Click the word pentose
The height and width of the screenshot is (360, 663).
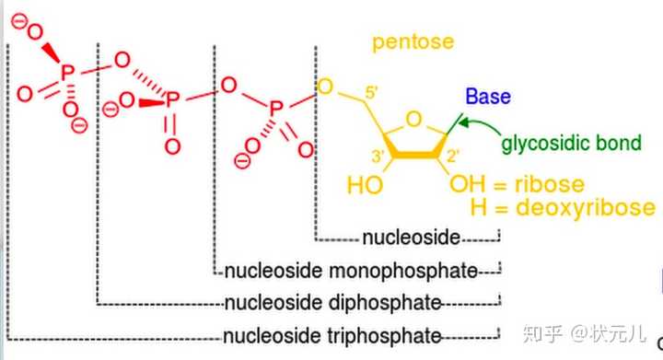[413, 42]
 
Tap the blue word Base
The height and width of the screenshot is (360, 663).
[488, 97]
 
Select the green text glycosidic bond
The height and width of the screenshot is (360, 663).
[571, 144]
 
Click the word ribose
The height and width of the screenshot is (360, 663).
[550, 184]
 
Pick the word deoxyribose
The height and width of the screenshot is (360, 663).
[586, 208]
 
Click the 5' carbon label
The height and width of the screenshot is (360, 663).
[371, 92]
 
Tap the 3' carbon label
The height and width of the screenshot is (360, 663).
[378, 157]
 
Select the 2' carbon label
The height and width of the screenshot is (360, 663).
[453, 157]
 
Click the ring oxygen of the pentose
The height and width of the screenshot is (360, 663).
[413, 120]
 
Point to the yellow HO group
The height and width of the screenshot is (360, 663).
[365, 185]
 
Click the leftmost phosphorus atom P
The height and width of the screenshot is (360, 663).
[67, 73]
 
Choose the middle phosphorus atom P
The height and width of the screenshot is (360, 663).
[172, 100]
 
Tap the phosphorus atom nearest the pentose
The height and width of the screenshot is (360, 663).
[275, 109]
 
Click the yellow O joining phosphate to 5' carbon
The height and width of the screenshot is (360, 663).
[325, 87]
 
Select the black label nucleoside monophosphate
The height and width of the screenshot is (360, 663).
[351, 271]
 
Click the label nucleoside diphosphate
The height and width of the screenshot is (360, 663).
[332, 303]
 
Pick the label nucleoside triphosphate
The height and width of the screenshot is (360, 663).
[332, 336]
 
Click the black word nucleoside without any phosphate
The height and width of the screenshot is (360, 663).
[411, 238]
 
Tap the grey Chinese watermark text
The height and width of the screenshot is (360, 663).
[585, 333]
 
